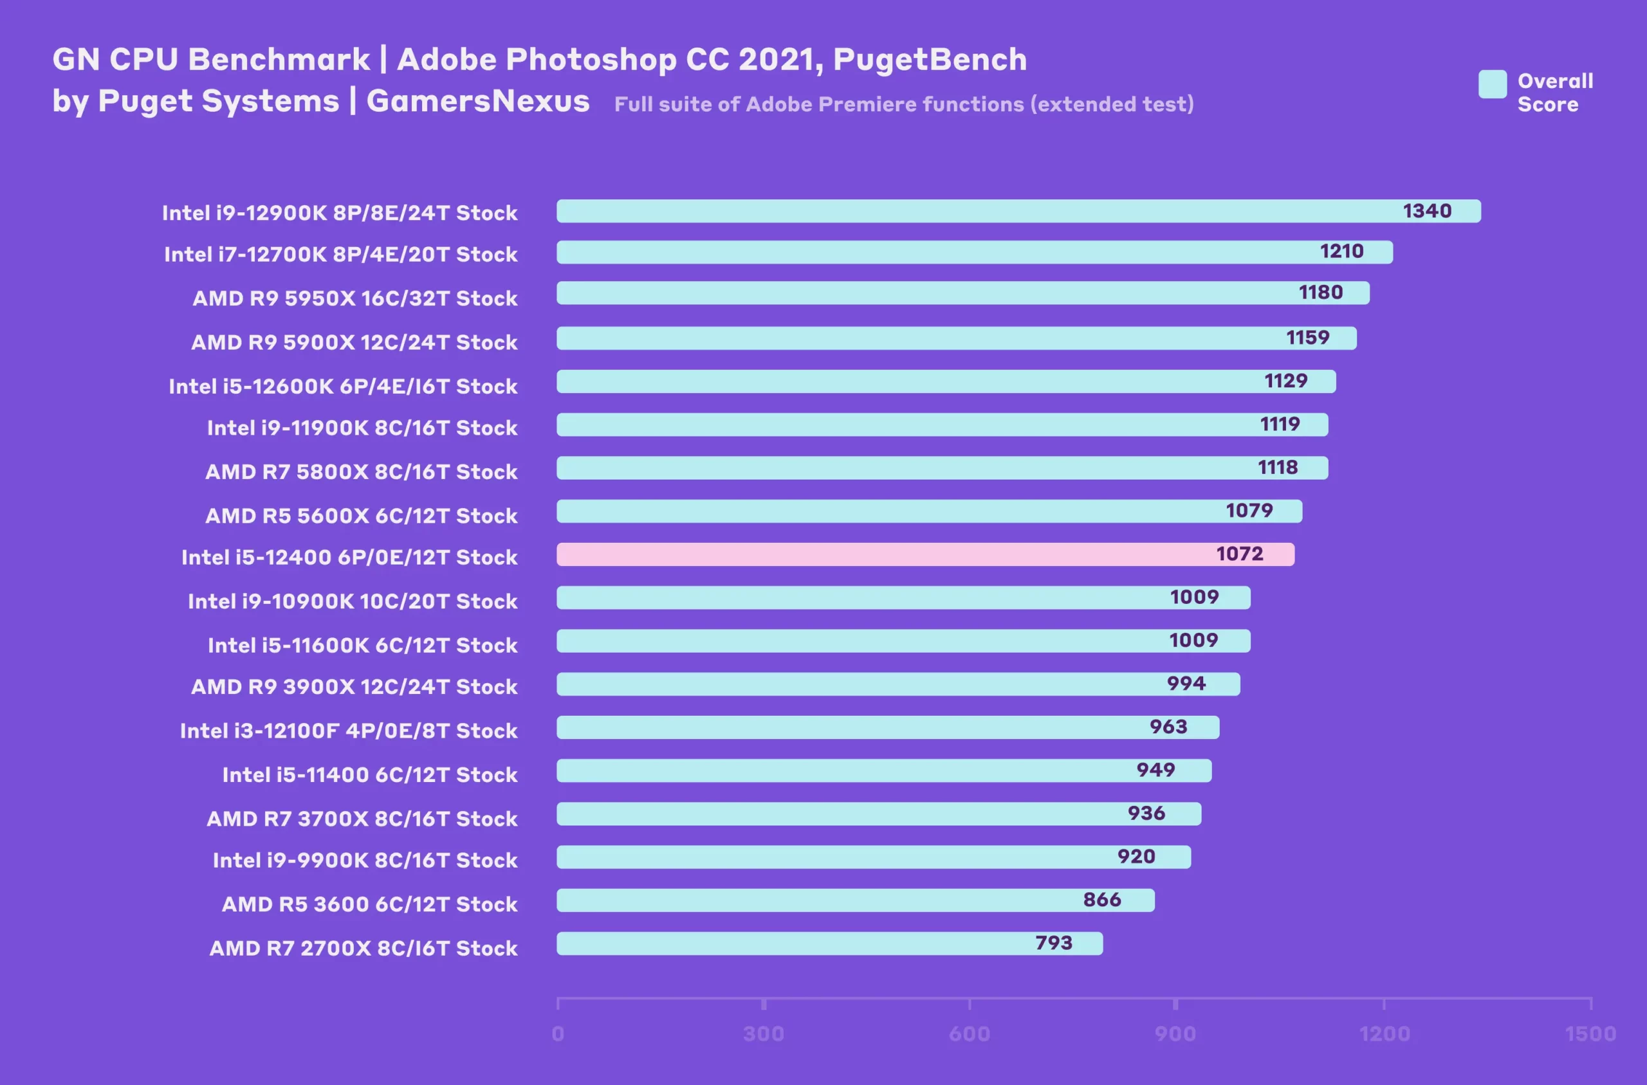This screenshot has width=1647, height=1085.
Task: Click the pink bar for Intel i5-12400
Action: pyautogui.click(x=925, y=554)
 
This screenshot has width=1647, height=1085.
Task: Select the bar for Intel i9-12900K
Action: pyautogui.click(x=1018, y=211)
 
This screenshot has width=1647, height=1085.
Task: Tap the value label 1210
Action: pyautogui.click(x=1341, y=251)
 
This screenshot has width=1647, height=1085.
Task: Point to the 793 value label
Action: pyautogui.click(x=1053, y=943)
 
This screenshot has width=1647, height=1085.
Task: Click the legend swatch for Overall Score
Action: pyautogui.click(x=1492, y=84)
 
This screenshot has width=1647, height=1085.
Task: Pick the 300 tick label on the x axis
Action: pyautogui.click(x=763, y=1034)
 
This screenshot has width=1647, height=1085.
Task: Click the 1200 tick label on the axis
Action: pyautogui.click(x=1384, y=1034)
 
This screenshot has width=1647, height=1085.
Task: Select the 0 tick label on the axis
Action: pyautogui.click(x=558, y=1034)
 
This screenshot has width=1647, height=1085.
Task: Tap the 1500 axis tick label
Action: pyautogui.click(x=1590, y=1034)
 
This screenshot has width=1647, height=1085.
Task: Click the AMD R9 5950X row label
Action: pyautogui.click(x=354, y=298)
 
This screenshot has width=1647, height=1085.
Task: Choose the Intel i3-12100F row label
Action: pyautogui.click(x=348, y=731)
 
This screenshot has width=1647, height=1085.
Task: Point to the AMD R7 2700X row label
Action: pyautogui.click(x=363, y=948)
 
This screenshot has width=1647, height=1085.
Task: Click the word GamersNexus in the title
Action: pyautogui.click(x=477, y=101)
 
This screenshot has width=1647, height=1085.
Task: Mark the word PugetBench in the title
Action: pyautogui.click(x=930, y=60)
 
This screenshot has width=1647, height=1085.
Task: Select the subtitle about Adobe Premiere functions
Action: pyautogui.click(x=904, y=104)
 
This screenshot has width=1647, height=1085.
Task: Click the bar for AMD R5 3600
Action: pyautogui.click(x=855, y=900)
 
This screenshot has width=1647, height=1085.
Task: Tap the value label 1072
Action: pyautogui.click(x=1239, y=554)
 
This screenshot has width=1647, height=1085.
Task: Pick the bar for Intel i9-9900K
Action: pyautogui.click(x=873, y=857)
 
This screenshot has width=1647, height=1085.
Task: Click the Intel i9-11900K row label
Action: pyautogui.click(x=362, y=428)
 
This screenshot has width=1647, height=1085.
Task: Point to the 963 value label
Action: pyautogui.click(x=1168, y=727)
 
